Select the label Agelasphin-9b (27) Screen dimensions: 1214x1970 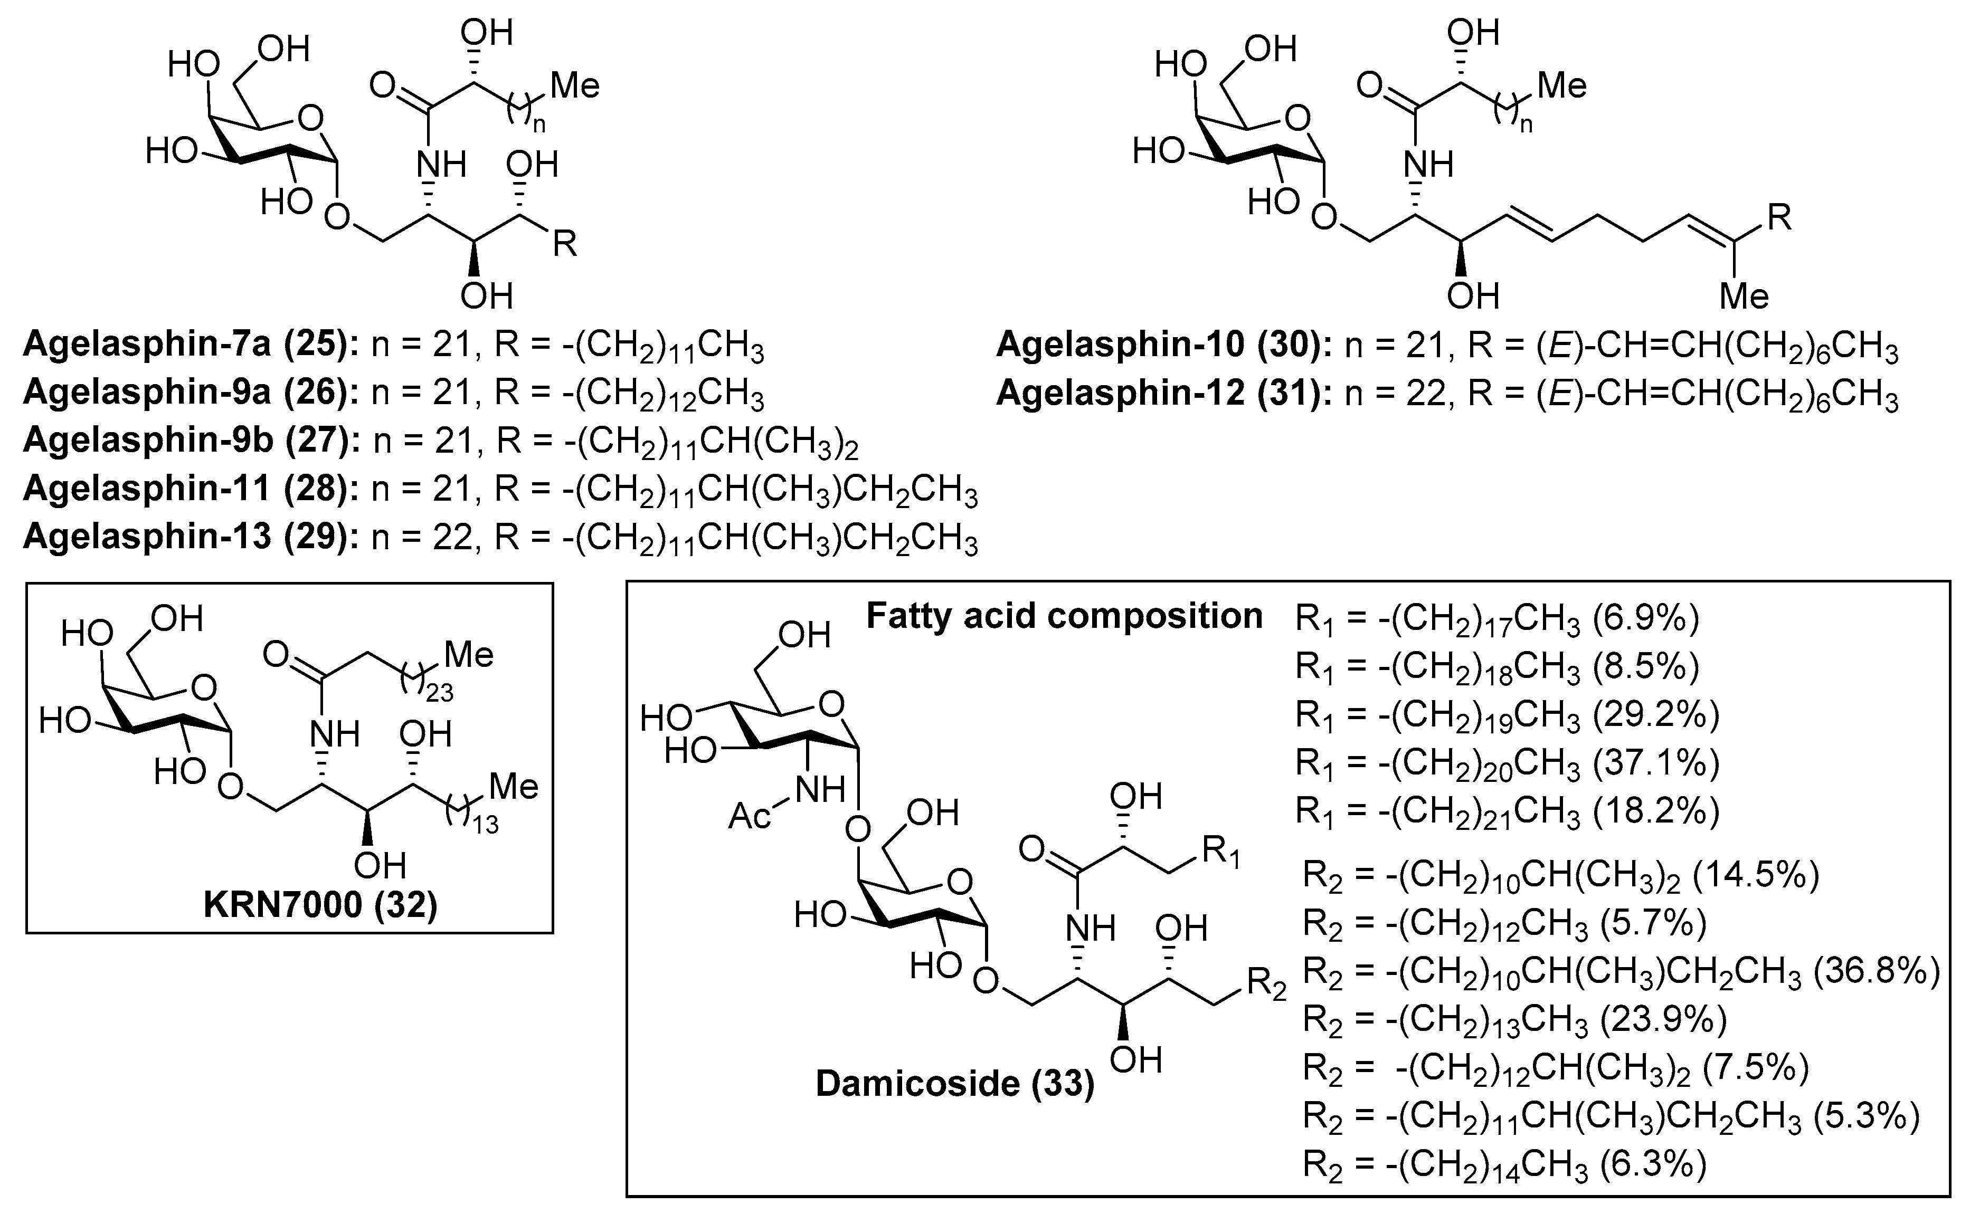[x=191, y=441]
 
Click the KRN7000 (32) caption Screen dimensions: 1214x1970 [x=320, y=906]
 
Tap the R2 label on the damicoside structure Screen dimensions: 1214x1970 [x=1266, y=985]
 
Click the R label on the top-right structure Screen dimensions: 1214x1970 [x=1779, y=217]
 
